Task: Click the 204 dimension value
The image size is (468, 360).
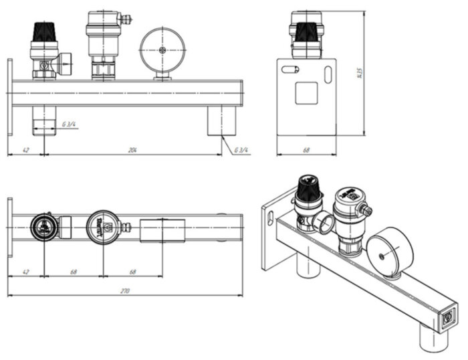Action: point(132,151)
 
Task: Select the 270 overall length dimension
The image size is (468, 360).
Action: point(125,291)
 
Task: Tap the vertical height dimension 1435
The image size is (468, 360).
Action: point(359,72)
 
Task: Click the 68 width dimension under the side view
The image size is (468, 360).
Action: point(306,151)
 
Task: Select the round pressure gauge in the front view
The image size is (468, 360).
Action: point(161,50)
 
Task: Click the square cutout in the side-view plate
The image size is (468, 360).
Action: point(306,93)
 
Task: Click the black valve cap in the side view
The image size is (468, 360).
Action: point(306,30)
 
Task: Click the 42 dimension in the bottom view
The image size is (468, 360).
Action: point(25,271)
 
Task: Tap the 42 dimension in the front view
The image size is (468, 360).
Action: point(25,151)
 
